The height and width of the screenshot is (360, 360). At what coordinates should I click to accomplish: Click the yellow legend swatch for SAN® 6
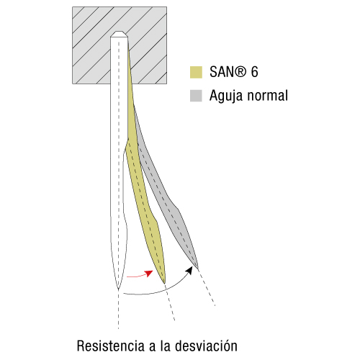coord(196,72)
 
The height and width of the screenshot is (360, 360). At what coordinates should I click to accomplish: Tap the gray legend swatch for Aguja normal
coord(196,96)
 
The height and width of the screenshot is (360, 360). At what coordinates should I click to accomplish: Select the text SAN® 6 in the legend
coord(234,72)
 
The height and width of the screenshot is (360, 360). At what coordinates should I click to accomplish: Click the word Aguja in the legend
coord(226,96)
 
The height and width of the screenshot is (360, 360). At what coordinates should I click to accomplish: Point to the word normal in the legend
coord(268,96)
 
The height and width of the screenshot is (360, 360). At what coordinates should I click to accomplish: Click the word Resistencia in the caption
coord(111,346)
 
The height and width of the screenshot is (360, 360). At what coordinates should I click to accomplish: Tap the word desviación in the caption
coord(206,346)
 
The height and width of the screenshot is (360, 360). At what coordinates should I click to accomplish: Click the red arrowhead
coord(149,274)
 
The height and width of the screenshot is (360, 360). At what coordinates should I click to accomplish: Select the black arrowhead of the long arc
coord(189,271)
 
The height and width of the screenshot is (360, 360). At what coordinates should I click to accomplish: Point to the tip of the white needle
coord(118,289)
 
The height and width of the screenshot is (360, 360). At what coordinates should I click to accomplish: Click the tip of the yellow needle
coord(164,284)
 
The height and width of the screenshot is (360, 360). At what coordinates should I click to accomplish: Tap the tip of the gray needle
coord(197,268)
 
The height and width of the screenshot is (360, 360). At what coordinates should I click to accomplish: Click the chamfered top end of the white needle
coord(119,34)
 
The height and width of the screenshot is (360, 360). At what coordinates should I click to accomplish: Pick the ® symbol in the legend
coord(240,71)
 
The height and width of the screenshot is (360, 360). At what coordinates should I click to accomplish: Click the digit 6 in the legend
coord(255,72)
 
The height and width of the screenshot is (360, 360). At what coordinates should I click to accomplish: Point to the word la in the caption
coord(166,346)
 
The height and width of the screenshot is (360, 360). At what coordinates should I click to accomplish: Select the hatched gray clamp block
coord(120,45)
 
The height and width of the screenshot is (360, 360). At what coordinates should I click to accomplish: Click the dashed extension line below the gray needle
coord(206,287)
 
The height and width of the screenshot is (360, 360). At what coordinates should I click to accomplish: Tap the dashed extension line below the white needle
coord(118,309)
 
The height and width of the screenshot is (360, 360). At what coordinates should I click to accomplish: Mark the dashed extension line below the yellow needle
coord(169,302)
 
